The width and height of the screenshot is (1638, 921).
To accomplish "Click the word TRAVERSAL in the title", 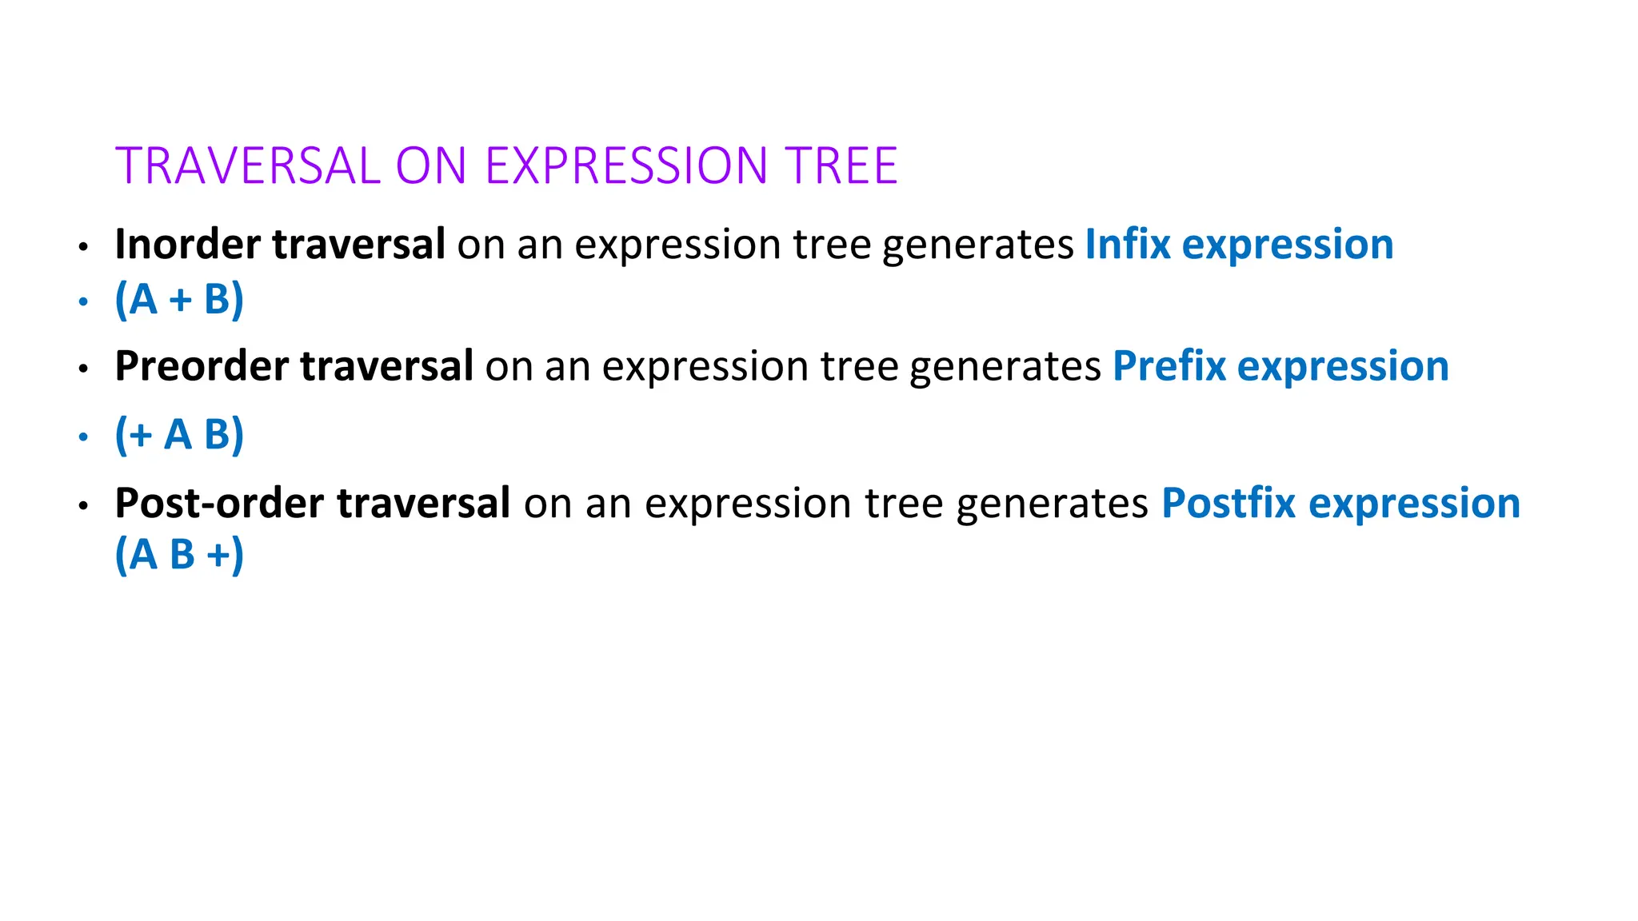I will [x=247, y=166].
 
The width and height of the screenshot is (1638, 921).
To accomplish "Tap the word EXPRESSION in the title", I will [x=626, y=166].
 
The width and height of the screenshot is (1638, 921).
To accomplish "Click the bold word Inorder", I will [x=187, y=244].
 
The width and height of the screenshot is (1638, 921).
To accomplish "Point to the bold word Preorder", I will [x=202, y=366].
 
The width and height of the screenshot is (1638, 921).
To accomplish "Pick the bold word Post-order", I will [x=220, y=503].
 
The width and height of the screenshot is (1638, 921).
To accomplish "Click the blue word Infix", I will [x=1127, y=244].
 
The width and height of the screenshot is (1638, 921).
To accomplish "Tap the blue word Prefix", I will [x=1169, y=366].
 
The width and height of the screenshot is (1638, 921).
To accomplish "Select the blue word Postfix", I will [x=1228, y=503].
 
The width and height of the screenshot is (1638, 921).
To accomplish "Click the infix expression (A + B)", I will [x=179, y=300].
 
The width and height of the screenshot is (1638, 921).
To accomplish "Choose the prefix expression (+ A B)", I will [x=179, y=435].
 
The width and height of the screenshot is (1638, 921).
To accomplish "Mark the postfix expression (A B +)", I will [x=179, y=554].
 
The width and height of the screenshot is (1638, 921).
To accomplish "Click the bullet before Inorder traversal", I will [x=83, y=247].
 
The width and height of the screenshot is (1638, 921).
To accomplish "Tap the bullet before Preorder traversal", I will [x=83, y=369].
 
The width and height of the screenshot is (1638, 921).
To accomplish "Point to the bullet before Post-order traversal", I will [x=83, y=506].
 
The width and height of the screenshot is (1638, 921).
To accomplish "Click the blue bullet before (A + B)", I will [x=83, y=302].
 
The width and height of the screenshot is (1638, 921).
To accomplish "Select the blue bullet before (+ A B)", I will [x=83, y=437].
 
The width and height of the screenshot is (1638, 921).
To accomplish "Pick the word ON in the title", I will [x=431, y=166].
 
